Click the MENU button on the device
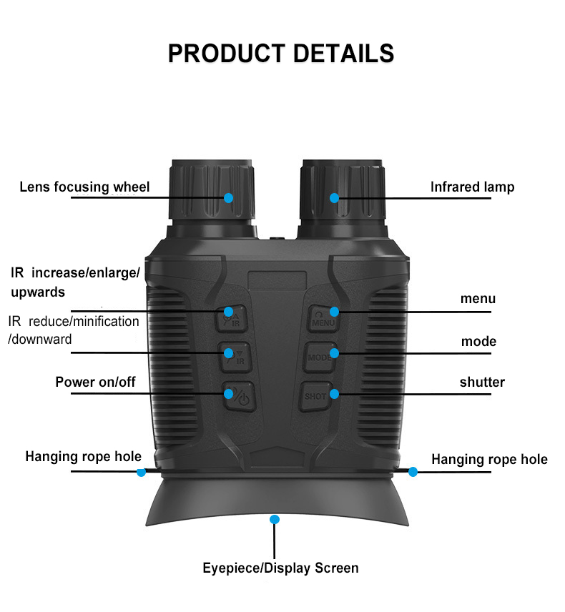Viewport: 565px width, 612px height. click(x=323, y=318)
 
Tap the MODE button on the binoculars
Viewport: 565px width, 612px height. click(x=320, y=357)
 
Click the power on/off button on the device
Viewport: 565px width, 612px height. click(x=239, y=397)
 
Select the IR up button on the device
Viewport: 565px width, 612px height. click(x=232, y=318)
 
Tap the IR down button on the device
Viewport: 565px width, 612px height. click(x=235, y=357)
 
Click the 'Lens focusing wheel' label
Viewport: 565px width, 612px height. click(x=84, y=187)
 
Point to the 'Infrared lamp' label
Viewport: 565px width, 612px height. click(x=473, y=187)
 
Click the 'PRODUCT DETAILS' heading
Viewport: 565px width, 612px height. click(x=281, y=53)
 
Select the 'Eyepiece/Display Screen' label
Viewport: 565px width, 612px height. click(x=280, y=568)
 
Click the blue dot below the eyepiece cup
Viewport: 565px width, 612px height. click(x=275, y=520)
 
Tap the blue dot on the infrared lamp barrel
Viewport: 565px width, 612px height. click(x=334, y=198)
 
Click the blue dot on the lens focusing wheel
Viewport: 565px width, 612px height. click(x=228, y=198)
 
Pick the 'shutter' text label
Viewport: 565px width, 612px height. click(x=482, y=382)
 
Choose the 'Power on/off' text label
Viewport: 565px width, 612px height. click(x=95, y=382)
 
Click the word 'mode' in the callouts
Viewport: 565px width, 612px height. click(x=478, y=342)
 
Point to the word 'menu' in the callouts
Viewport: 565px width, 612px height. click(x=478, y=299)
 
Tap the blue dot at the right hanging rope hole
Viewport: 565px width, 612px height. click(x=413, y=472)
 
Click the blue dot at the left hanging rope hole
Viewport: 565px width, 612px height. click(x=141, y=472)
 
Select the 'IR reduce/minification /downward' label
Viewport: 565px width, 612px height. click(x=74, y=330)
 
